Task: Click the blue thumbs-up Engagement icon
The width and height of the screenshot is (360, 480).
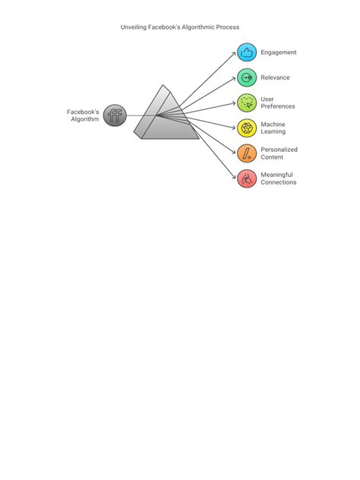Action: click(x=247, y=52)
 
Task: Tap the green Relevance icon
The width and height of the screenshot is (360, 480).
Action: click(x=247, y=77)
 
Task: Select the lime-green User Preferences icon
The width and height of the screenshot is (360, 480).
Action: click(x=247, y=103)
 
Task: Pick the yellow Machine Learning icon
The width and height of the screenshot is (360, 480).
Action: click(x=247, y=128)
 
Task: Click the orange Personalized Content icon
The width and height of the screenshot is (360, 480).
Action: click(x=247, y=153)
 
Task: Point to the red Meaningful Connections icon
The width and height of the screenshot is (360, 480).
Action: click(x=247, y=178)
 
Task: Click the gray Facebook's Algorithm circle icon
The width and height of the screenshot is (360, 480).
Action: click(x=115, y=115)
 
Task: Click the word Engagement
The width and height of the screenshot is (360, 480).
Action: click(x=279, y=52)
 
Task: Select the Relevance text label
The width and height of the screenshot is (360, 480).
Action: click(x=275, y=77)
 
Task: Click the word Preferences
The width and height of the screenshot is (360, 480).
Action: click(x=278, y=106)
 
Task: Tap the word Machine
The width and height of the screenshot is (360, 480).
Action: click(x=273, y=125)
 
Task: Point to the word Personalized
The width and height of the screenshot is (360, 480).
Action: click(x=279, y=150)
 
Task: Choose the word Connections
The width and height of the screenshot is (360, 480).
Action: click(x=279, y=182)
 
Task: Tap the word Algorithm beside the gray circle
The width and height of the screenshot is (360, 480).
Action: click(x=85, y=119)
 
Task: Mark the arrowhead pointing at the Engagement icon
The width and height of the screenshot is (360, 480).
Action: click(x=234, y=54)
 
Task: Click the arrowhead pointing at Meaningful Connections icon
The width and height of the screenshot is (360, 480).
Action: click(x=234, y=177)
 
